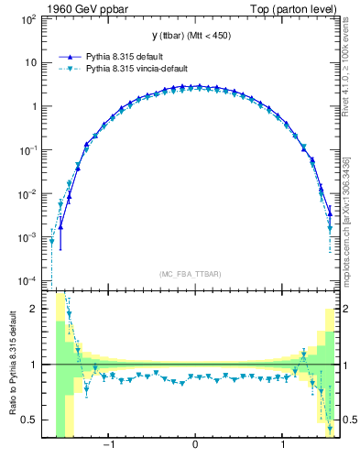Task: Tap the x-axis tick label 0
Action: pyautogui.click(x=195, y=447)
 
